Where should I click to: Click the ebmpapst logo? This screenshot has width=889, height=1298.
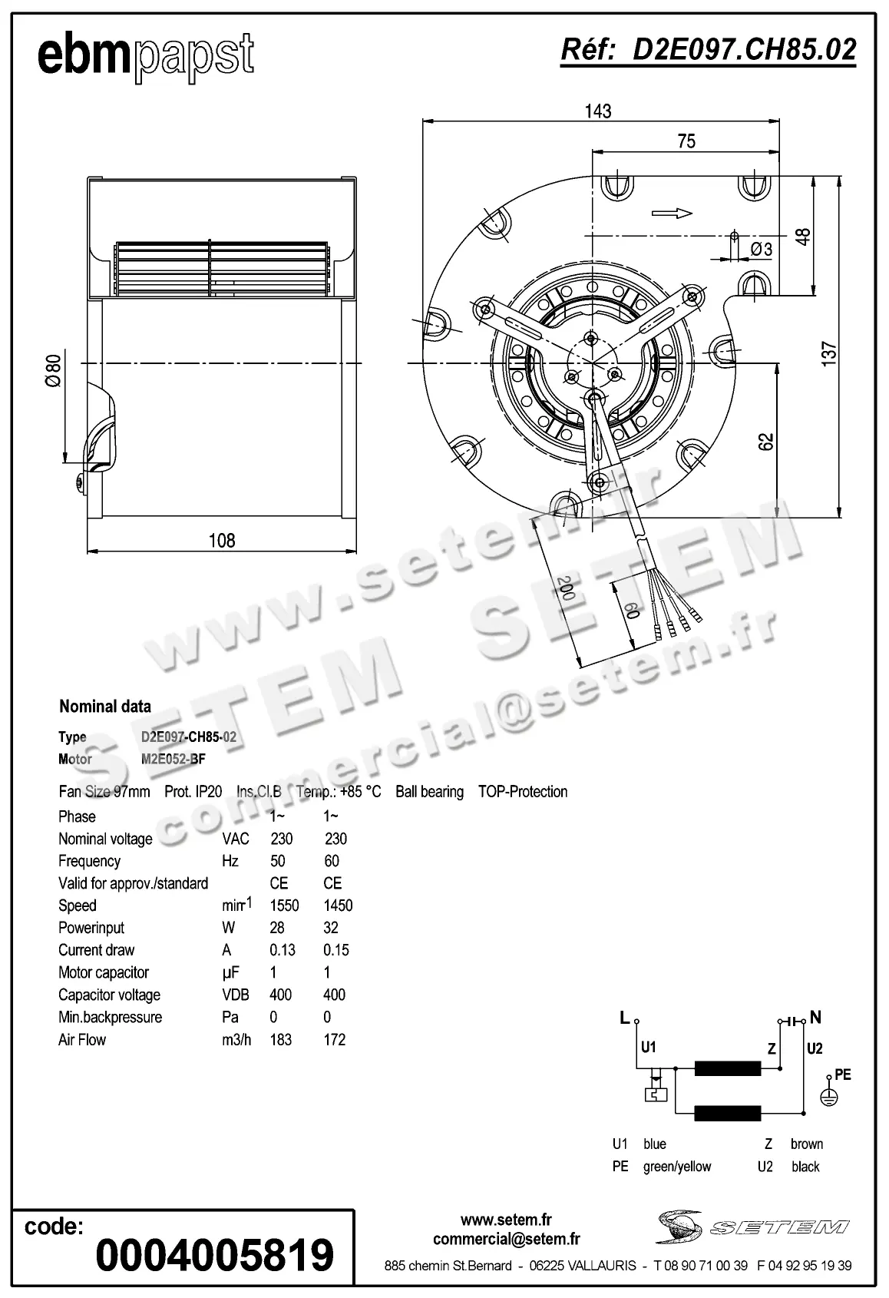[x=145, y=55]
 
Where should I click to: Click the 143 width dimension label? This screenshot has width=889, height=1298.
[x=598, y=111]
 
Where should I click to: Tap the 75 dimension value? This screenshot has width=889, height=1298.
[x=686, y=141]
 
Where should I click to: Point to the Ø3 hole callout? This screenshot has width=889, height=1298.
[x=761, y=249]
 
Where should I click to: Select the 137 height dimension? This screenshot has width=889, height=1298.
[x=829, y=353]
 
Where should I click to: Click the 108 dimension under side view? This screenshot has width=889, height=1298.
[x=222, y=540]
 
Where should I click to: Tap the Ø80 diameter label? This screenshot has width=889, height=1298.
[x=53, y=371]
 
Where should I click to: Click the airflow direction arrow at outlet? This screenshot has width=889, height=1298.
[x=672, y=214]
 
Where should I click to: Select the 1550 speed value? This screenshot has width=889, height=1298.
[x=284, y=906]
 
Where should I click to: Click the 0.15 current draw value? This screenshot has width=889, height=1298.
[x=336, y=950]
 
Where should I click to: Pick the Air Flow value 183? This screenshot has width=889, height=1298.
[x=281, y=1040]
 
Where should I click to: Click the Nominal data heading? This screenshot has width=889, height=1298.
[x=105, y=707]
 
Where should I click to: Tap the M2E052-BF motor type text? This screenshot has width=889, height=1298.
[x=174, y=759]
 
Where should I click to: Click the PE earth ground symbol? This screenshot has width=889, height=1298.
[x=828, y=1098]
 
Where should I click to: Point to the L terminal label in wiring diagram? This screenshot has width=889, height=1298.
[x=624, y=1018]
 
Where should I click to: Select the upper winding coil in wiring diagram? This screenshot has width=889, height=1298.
[x=727, y=1068]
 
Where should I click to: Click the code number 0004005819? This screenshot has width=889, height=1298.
[x=214, y=1255]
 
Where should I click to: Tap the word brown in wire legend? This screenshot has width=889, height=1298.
[x=806, y=1144]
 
